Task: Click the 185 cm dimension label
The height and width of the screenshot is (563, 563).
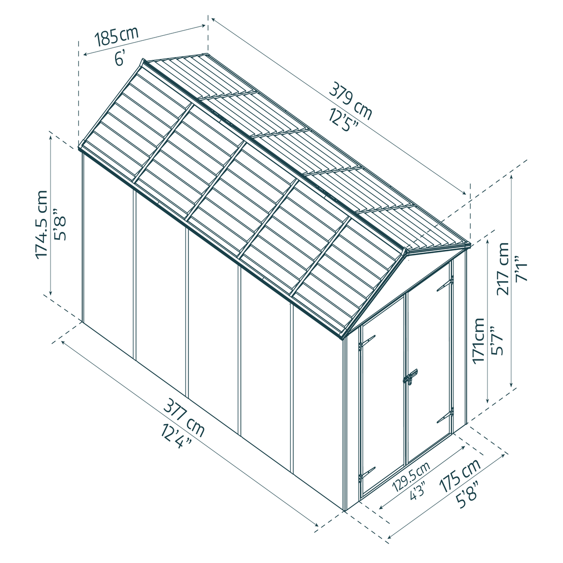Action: pos(116,36)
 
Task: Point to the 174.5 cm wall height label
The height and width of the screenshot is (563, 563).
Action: pos(41,224)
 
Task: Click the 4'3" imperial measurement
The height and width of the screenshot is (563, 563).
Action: pos(416,491)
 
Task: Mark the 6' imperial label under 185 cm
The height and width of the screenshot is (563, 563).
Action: pos(120,59)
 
